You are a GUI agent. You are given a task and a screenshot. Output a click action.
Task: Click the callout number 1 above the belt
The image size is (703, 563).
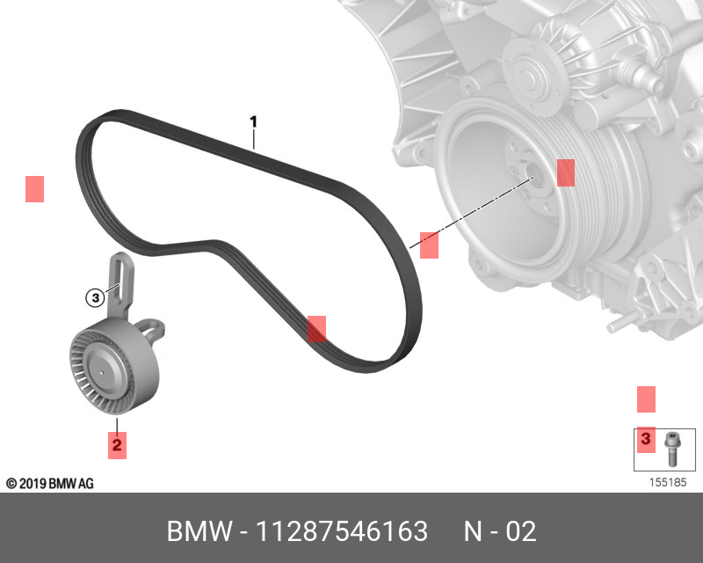(253, 121)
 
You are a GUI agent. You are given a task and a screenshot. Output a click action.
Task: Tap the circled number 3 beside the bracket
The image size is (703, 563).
(95, 298)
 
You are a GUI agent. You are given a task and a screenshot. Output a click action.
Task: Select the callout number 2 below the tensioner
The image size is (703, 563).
(117, 444)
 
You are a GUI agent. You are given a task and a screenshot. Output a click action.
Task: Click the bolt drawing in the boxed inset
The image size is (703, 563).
(673, 449)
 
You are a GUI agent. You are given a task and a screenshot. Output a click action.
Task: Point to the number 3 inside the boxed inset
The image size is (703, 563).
(646, 438)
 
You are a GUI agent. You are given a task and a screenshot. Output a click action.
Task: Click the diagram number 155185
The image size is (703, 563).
(667, 482)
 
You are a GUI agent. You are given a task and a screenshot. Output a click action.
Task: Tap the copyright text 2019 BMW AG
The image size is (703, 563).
(50, 484)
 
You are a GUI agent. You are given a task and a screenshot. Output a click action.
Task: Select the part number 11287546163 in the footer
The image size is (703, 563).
(341, 531)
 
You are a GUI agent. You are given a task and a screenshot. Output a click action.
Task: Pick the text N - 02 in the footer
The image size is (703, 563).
(499, 531)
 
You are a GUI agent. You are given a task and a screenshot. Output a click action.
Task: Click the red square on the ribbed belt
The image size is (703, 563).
(316, 329)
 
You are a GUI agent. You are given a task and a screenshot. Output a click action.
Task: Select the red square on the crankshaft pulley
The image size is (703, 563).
(565, 172)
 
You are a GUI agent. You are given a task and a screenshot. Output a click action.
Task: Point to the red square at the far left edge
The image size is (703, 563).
(34, 189)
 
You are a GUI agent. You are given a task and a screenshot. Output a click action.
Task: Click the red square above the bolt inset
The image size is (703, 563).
(646, 398)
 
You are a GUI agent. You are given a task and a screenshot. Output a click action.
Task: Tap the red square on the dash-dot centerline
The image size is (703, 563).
(429, 245)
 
